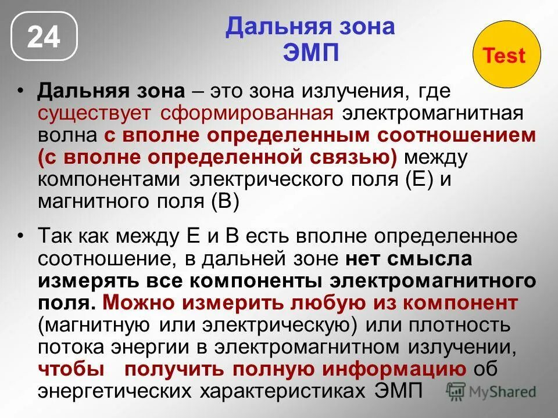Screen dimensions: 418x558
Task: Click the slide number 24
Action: (x=44, y=37)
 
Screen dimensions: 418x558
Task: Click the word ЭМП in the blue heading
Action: (x=310, y=53)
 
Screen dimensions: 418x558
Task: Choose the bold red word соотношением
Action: (x=456, y=135)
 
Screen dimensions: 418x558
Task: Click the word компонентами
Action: (x=110, y=179)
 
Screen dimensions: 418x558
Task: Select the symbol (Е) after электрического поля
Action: (x=410, y=179)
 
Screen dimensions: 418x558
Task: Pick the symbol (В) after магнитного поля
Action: (x=224, y=201)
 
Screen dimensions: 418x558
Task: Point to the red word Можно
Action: (x=140, y=302)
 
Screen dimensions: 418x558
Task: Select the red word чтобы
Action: (x=71, y=369)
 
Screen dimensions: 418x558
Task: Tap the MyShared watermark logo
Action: (x=491, y=392)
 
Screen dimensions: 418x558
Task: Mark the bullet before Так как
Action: (x=22, y=236)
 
